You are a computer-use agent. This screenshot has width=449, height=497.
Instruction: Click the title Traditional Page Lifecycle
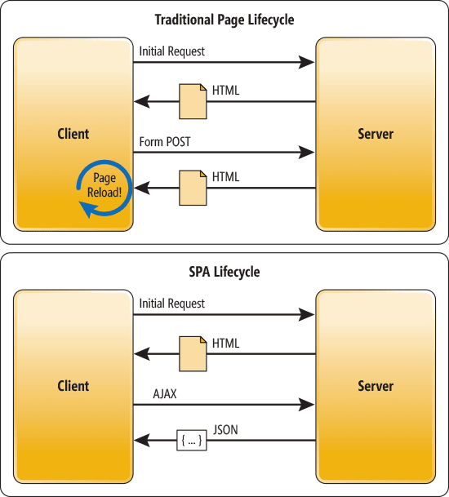tap(224, 19)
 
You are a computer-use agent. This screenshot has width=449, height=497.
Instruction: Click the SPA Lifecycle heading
tap(224, 271)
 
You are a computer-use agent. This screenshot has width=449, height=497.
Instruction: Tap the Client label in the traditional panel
tap(73, 134)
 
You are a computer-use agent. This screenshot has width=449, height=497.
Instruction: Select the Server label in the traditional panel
tap(376, 134)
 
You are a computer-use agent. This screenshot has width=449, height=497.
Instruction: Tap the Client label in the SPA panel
tap(73, 386)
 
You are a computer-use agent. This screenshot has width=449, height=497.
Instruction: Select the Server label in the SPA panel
tap(376, 386)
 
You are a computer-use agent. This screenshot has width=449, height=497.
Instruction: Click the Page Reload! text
tap(104, 186)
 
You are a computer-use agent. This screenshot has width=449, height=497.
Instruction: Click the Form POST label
tap(165, 142)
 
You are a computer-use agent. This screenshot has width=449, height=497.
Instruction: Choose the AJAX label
tap(165, 394)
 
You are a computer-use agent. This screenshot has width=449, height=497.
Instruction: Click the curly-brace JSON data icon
tap(190, 441)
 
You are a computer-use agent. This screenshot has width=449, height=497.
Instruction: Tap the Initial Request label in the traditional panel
tap(172, 51)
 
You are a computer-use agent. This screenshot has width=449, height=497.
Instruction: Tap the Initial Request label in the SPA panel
tap(172, 304)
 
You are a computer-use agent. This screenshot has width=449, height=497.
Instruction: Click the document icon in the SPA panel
tap(193, 351)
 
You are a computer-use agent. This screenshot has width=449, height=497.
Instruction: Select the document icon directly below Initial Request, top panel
tap(193, 99)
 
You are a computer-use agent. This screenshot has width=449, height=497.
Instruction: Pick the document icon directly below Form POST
tap(193, 188)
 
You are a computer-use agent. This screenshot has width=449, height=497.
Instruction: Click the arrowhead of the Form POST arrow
tap(308, 152)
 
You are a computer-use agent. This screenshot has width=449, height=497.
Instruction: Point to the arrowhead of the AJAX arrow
tap(308, 404)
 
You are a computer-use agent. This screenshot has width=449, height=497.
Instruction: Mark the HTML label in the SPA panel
tap(226, 344)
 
